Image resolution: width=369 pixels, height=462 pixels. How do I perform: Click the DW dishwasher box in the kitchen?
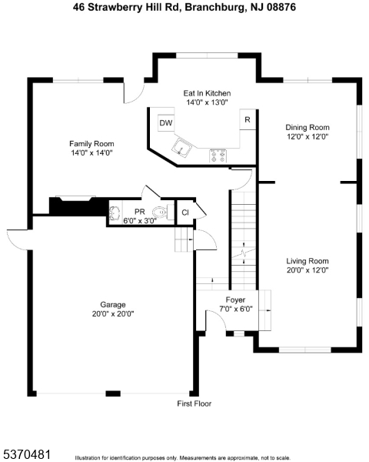click(165, 123)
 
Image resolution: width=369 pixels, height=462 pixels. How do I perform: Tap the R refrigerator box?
click(247, 120)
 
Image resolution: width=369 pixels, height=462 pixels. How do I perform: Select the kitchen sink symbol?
click(183, 148)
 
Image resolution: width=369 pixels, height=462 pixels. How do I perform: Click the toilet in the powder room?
click(158, 212)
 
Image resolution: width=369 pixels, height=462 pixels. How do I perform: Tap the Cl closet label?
click(184, 213)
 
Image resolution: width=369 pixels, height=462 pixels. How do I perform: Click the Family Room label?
click(91, 144)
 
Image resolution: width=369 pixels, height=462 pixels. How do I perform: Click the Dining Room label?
click(307, 128)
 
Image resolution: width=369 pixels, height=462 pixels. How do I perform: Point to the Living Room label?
click(307, 261)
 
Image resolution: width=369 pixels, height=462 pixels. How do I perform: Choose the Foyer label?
click(235, 300)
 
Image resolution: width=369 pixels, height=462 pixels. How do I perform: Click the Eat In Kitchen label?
click(207, 93)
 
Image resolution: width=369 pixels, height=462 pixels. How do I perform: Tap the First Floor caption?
click(194, 403)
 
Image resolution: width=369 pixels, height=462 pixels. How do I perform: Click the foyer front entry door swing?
click(216, 323)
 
